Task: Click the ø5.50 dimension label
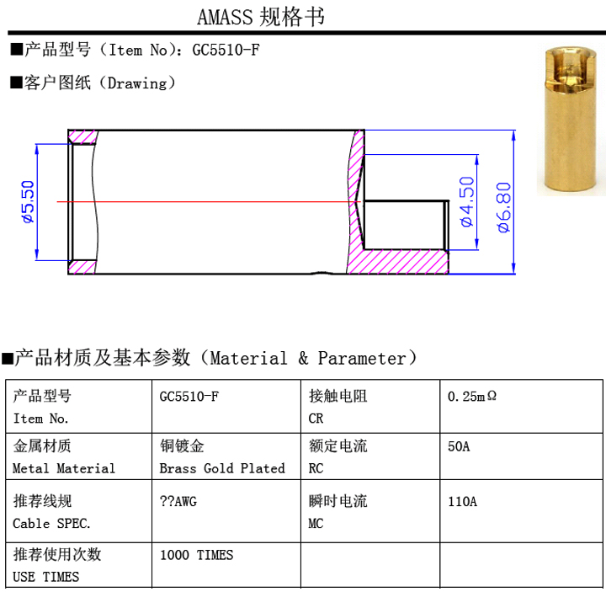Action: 28,202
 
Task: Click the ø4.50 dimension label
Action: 467,201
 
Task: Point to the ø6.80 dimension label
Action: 503,207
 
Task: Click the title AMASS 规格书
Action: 260,17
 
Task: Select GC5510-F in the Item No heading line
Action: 226,51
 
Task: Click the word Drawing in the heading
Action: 137,83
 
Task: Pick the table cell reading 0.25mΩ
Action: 472,397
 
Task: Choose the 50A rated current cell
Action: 459,446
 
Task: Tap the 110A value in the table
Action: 462,502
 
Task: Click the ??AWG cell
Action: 178,502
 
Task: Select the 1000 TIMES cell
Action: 196,555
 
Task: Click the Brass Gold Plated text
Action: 222,468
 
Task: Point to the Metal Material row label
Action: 64,468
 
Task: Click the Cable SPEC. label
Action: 52,523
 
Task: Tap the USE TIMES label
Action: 46,577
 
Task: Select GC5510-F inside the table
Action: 189,397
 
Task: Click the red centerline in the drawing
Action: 210,202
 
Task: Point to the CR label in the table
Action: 316,418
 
